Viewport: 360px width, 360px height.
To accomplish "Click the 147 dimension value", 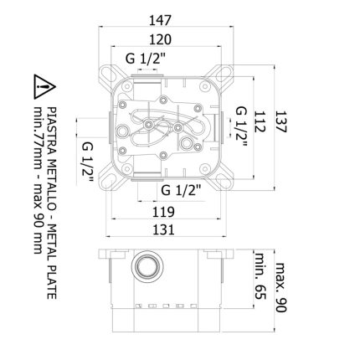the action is pyautogui.click(x=160, y=20).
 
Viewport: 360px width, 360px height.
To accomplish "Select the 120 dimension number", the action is pyautogui.click(x=160, y=39).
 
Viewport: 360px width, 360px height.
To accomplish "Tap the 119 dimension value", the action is pyautogui.click(x=163, y=212).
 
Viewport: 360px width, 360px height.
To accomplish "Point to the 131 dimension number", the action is pyautogui.click(x=163, y=229).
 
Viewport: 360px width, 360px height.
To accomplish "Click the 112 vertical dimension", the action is pyautogui.click(x=259, y=121).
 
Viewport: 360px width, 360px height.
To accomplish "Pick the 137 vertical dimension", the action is pyautogui.click(x=280, y=121).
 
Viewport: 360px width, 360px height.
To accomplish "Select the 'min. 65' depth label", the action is pyautogui.click(x=260, y=276).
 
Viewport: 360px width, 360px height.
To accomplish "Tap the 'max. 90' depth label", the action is pyautogui.click(x=281, y=287).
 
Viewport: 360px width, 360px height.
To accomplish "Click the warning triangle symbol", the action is pyautogui.click(x=44, y=87).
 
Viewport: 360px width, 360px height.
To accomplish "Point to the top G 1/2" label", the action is pyautogui.click(x=146, y=59).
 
